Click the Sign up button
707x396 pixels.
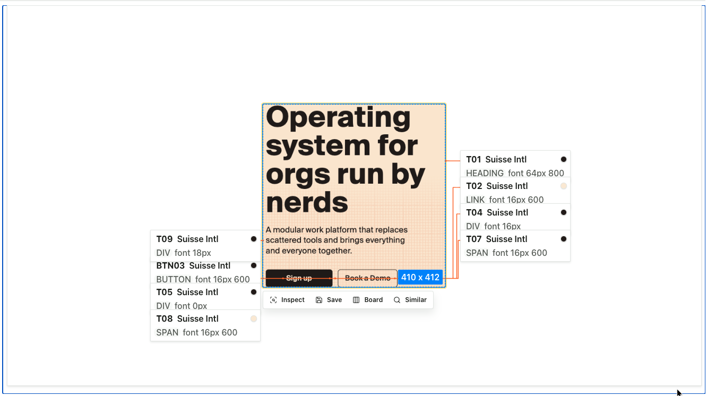point(299,278)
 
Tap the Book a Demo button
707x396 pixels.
point(367,278)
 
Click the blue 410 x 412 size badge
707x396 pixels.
point(420,277)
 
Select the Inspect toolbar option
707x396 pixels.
point(287,300)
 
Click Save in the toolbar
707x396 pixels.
point(329,300)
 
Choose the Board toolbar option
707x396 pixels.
point(368,300)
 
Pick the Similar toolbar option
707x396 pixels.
point(410,300)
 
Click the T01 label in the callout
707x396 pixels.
point(473,160)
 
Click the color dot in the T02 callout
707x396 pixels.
point(563,186)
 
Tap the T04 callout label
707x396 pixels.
point(474,213)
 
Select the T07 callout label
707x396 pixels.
point(474,239)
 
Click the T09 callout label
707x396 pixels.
point(164,239)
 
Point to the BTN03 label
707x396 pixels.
point(170,266)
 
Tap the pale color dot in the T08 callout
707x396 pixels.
point(253,318)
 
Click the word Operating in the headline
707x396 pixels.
point(338,117)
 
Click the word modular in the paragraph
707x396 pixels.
point(288,230)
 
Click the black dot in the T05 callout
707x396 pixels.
point(253,292)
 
